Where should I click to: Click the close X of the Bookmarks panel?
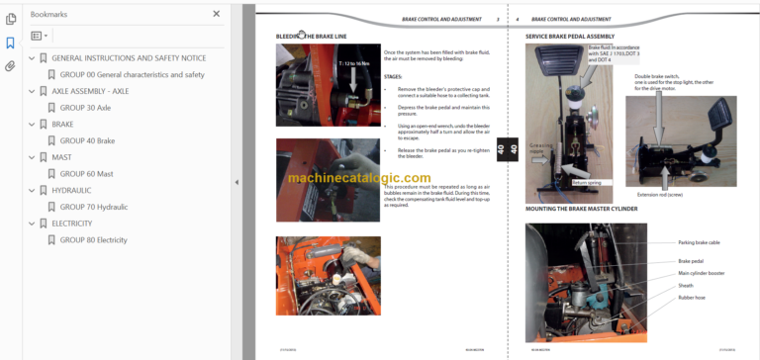tap(217, 14)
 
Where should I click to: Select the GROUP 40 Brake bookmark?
tap(87, 140)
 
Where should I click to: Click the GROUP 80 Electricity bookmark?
tap(93, 239)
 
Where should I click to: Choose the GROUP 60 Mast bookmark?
tap(86, 173)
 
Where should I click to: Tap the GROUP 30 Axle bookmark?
tap(84, 107)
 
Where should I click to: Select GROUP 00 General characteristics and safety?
tap(132, 74)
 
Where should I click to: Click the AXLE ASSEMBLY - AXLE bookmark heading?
tap(90, 91)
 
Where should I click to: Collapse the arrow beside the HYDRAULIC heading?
tap(32, 190)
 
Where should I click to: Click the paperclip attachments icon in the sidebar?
tap(10, 66)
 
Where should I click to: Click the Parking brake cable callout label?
tap(700, 241)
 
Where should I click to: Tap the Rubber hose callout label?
tap(692, 297)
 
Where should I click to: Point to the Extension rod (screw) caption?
tap(660, 195)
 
